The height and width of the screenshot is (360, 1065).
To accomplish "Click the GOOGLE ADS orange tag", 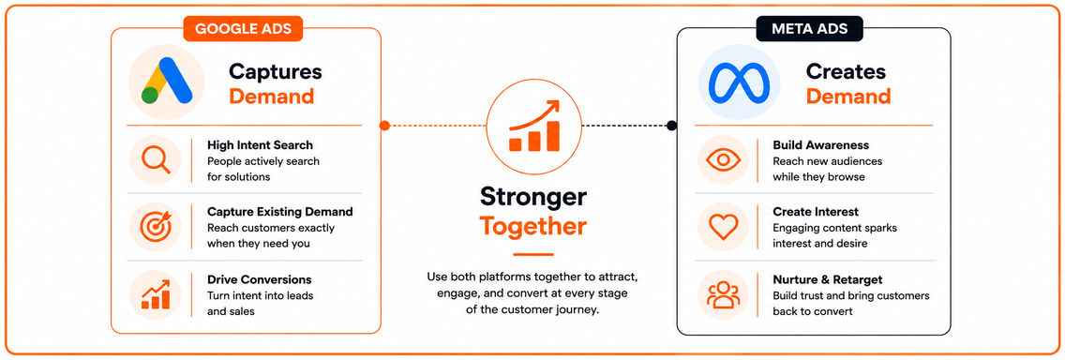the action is pos(243,28).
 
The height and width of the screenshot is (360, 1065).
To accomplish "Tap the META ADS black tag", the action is pos(810,28).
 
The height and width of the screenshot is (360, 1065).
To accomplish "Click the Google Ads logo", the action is pos(167,81).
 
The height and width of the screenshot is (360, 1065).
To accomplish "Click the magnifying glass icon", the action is pos(156,160).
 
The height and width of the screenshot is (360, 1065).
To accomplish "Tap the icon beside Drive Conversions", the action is pos(156,294).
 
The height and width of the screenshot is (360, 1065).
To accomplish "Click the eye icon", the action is pos(723,160).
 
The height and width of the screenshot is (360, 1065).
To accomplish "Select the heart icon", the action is pos(723,228).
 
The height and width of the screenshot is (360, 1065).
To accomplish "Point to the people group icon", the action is pos(723,294).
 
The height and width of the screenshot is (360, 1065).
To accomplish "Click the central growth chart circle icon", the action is pos(534,126).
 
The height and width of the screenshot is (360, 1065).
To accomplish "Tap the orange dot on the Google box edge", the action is pos(384,126).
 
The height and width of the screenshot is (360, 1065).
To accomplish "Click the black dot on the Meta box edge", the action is pos(672,126).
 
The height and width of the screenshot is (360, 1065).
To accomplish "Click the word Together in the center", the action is pos(533,226).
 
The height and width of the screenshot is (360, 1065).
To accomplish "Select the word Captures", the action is pos(275,71).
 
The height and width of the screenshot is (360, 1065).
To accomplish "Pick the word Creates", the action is pos(846,71).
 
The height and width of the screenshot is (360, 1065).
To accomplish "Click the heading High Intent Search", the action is pos(260,145).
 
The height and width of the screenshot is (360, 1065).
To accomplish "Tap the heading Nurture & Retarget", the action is pos(827,280).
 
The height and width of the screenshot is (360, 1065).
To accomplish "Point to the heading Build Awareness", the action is pos(820,145).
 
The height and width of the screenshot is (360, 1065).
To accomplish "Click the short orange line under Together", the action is pos(533,255).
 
